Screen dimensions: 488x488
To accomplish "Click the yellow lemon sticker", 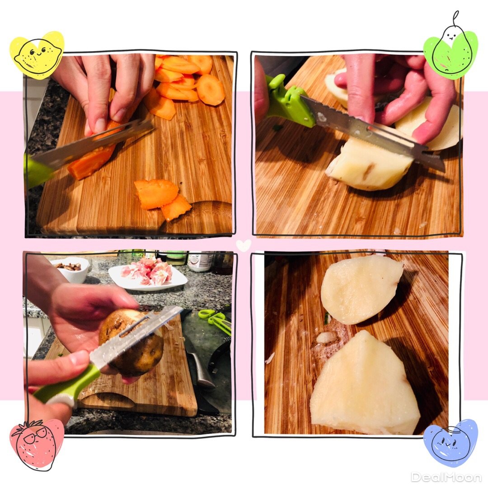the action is pyautogui.click(x=37, y=55).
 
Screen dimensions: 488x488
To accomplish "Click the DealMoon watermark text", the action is pyautogui.click(x=446, y=477).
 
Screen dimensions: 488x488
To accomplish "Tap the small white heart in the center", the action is pyautogui.click(x=244, y=245).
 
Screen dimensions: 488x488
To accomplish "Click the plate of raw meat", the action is pyautogui.click(x=148, y=274).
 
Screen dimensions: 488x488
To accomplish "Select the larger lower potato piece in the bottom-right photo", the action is pyautogui.click(x=364, y=385).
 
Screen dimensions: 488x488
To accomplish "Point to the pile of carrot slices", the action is pyautogui.click(x=187, y=83).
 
